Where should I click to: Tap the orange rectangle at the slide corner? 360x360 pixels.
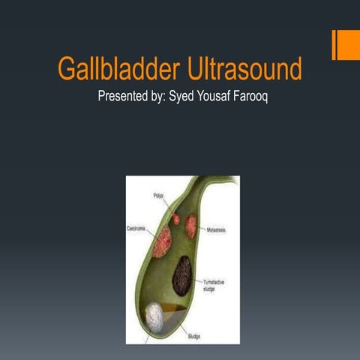tap(346, 46)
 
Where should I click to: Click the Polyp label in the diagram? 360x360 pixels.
tap(158, 195)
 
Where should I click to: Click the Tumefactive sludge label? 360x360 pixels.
tap(217, 286)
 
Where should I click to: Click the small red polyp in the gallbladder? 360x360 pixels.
tap(176, 219)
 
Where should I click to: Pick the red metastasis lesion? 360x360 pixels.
tap(191, 226)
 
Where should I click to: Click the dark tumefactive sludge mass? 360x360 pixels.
tap(181, 275)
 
